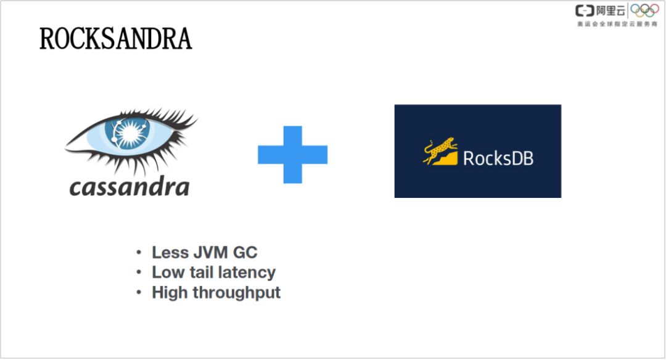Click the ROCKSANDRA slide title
coord(115,39)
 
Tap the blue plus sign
coord(292,154)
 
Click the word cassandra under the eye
coord(129,186)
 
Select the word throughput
coord(237,293)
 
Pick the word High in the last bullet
coord(170,292)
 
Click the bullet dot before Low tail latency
coord(139,272)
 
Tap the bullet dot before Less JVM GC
coord(139,253)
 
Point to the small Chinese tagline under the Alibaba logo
coord(617,23)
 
